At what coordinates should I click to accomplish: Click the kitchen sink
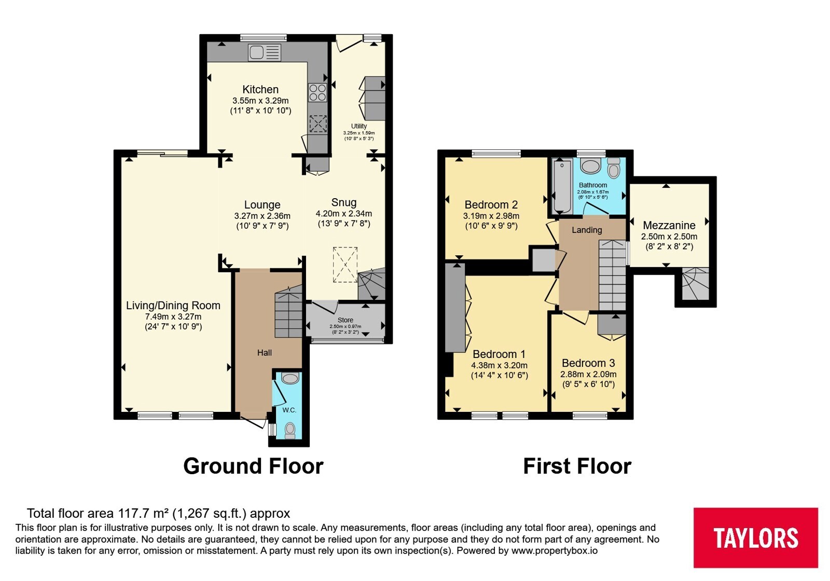point(265,52)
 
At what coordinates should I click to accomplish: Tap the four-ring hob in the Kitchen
point(317,92)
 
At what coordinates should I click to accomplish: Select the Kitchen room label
point(260,89)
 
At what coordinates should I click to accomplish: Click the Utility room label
point(358,126)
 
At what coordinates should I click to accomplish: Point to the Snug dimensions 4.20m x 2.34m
point(344,213)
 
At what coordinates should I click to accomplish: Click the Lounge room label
point(262,204)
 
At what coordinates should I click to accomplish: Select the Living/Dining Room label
point(173,306)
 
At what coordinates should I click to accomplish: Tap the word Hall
point(265,353)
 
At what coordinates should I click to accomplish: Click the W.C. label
point(289,410)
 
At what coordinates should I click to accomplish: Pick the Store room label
point(345,320)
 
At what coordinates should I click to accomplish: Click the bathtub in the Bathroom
point(562,186)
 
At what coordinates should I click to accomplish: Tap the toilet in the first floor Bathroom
point(614,168)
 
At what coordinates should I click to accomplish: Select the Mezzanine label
point(669,225)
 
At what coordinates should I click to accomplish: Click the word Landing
point(587,230)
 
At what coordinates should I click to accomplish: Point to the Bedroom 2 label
point(491,204)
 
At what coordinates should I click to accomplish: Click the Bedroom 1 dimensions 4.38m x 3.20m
point(499,365)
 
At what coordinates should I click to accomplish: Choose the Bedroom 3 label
point(588,363)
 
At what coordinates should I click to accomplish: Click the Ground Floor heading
point(254,466)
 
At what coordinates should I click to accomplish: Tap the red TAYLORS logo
point(756,537)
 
